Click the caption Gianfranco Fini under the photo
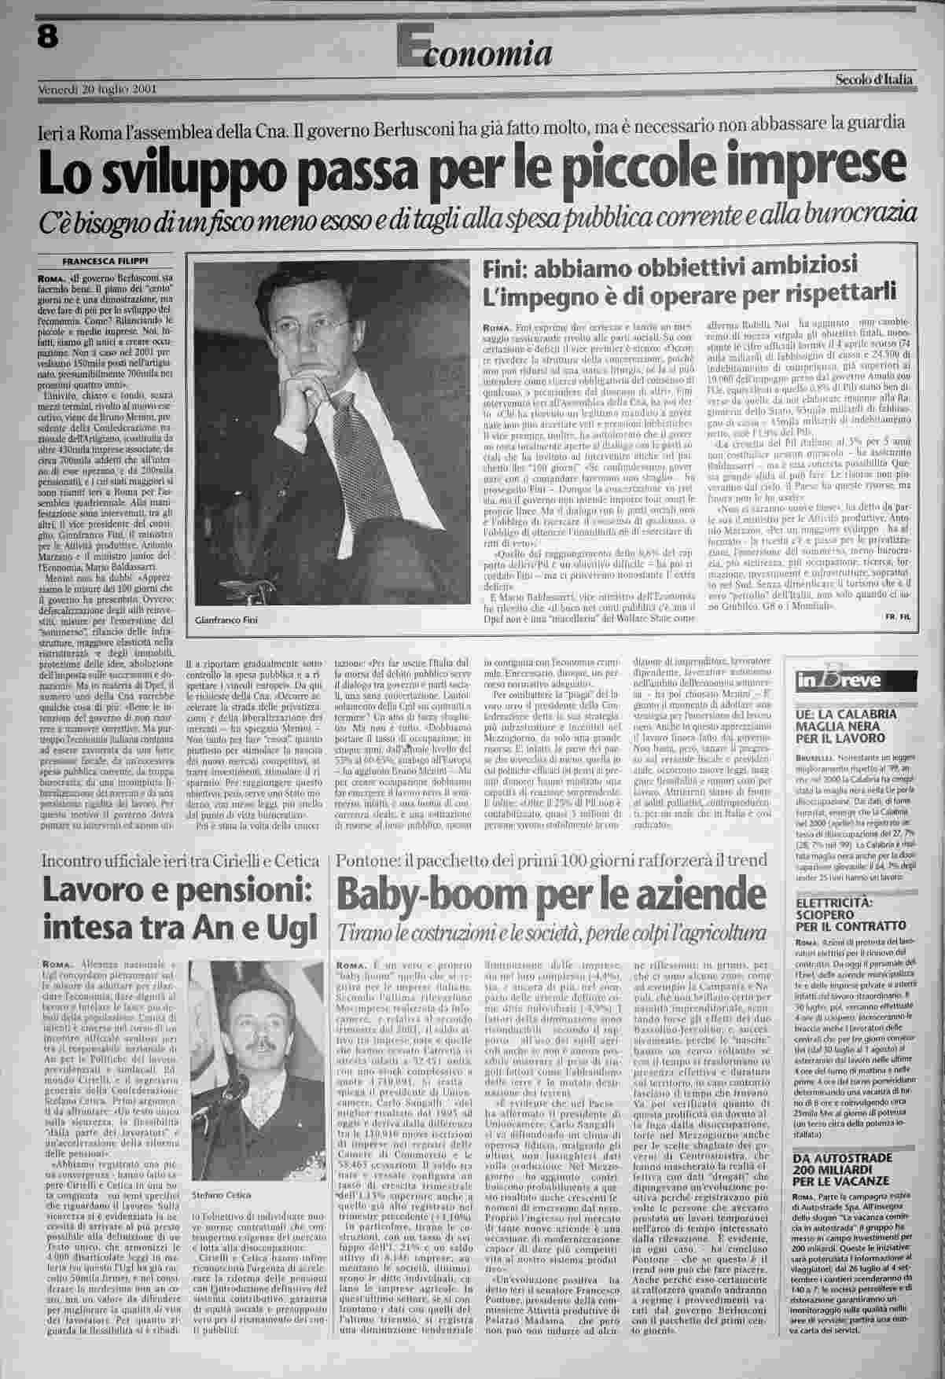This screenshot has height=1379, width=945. point(226,620)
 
